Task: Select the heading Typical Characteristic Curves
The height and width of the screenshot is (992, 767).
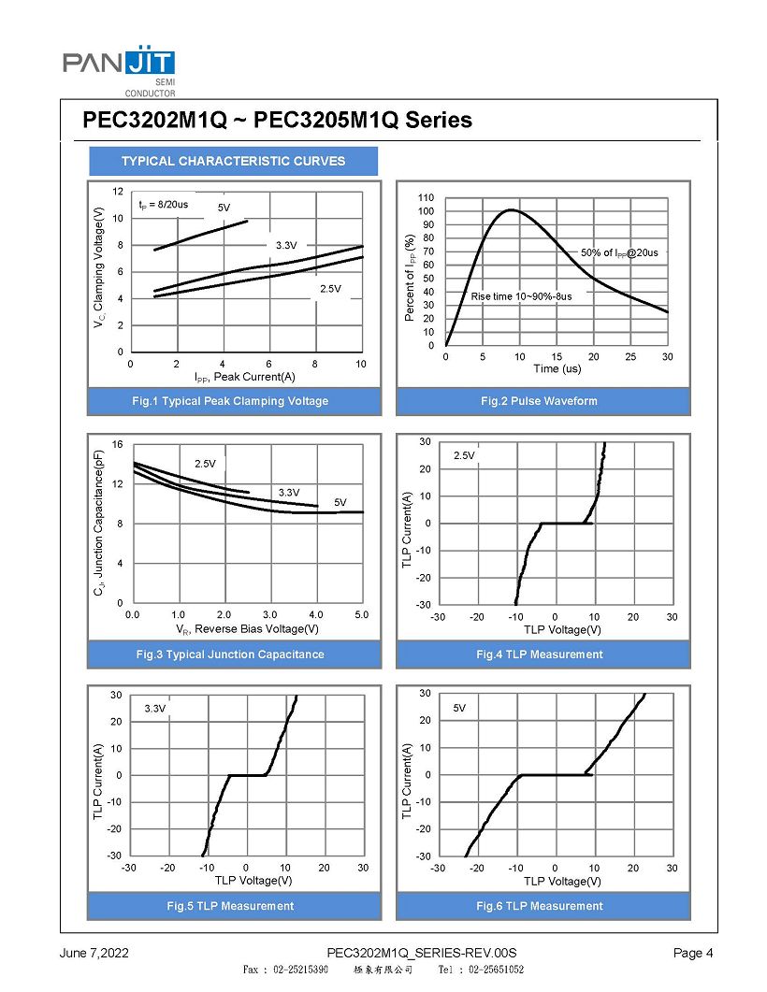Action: [233, 161]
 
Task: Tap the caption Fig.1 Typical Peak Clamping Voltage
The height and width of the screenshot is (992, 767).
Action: [230, 401]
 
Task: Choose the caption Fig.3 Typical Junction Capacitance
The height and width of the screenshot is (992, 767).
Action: [230, 654]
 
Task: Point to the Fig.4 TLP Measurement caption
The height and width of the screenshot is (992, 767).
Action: [539, 654]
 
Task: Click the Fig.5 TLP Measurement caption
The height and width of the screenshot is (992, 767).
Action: [230, 906]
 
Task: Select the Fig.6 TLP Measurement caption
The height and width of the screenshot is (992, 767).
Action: [539, 906]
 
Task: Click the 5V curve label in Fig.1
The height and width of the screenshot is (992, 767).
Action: [224, 208]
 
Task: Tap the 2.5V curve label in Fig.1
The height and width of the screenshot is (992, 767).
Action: [330, 289]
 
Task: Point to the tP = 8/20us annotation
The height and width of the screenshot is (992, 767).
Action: [164, 204]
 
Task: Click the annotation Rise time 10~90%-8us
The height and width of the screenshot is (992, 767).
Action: [521, 296]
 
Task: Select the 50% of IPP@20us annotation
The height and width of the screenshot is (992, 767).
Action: [619, 252]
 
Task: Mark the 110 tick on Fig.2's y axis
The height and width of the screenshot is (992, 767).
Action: [427, 198]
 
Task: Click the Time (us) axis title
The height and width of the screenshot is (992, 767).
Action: [557, 369]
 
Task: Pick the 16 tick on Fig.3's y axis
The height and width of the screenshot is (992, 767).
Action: [118, 444]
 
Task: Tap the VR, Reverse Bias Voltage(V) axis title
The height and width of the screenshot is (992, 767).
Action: [247, 629]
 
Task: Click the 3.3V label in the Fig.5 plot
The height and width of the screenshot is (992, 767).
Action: [155, 710]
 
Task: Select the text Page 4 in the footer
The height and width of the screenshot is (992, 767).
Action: [693, 954]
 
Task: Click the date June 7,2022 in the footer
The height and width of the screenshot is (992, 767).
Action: [94, 954]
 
